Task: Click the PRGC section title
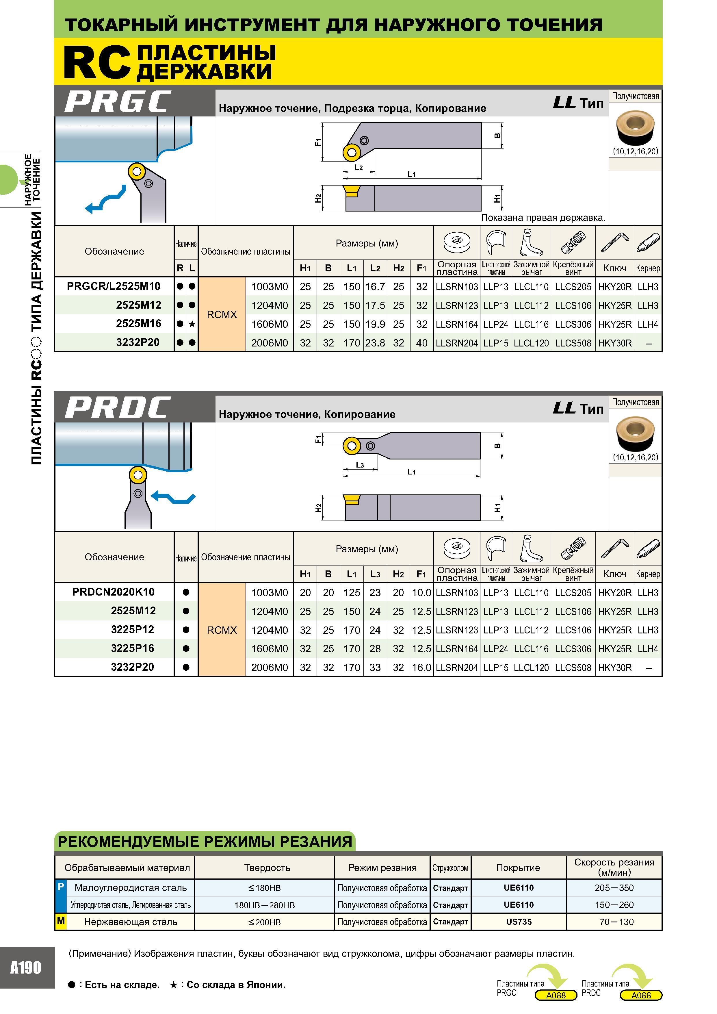click(x=118, y=102)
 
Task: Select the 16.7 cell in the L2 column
click(x=375, y=287)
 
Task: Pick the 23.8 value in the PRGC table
click(x=375, y=343)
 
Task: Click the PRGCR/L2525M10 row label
click(x=114, y=286)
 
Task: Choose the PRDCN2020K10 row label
click(x=114, y=592)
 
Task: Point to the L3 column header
click(x=375, y=574)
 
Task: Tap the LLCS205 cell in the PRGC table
click(x=573, y=287)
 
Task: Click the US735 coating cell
click(x=519, y=922)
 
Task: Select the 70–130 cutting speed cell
click(x=616, y=922)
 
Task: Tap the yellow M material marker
click(x=60, y=921)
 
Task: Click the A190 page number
click(x=26, y=968)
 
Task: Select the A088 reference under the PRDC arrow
click(x=641, y=995)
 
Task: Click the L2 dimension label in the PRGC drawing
click(x=358, y=167)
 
